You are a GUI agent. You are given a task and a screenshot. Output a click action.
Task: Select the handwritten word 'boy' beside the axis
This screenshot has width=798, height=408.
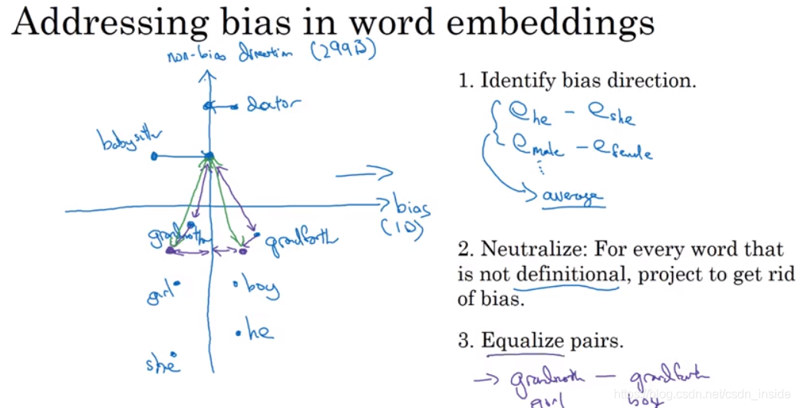pos(261,288)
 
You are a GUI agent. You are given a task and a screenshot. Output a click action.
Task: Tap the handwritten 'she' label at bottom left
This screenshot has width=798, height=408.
pos(162,364)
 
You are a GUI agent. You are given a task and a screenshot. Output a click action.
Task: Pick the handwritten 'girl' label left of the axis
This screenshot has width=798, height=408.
pos(162,294)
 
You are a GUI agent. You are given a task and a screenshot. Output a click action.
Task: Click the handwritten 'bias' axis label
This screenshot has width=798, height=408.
pos(411,208)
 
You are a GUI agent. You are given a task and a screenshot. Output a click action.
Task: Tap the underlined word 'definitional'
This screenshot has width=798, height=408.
pos(568,274)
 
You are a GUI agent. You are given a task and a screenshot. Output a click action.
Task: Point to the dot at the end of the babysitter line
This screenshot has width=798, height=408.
pos(154,156)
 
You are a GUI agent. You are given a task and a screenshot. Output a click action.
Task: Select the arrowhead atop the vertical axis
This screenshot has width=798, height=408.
pos(204,75)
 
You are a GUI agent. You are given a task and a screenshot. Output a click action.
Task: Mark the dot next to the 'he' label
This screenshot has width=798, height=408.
pos(239,333)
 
